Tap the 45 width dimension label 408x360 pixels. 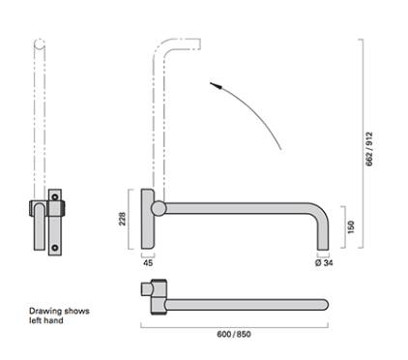tap(148, 261)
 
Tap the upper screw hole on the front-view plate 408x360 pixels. tap(57, 195)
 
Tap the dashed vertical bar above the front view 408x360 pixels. tap(40, 116)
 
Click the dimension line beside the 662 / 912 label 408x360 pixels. tap(360, 145)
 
